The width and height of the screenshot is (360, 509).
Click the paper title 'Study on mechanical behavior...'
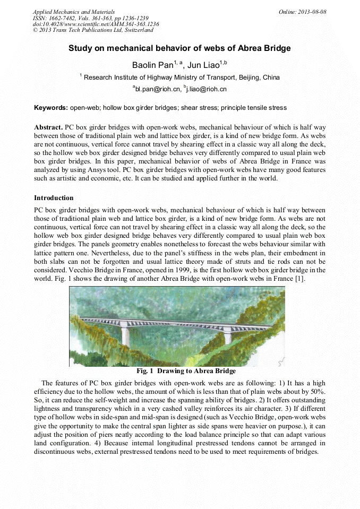(179, 48)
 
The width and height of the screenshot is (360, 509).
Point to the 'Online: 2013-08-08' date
(302, 12)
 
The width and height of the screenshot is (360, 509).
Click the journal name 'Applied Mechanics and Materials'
(73, 12)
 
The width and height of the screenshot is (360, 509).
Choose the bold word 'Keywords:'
(51, 108)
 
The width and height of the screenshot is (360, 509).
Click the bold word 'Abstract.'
(48, 128)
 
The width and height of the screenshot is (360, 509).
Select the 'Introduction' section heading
(54, 198)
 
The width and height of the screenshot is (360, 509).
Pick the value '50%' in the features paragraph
(318, 392)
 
